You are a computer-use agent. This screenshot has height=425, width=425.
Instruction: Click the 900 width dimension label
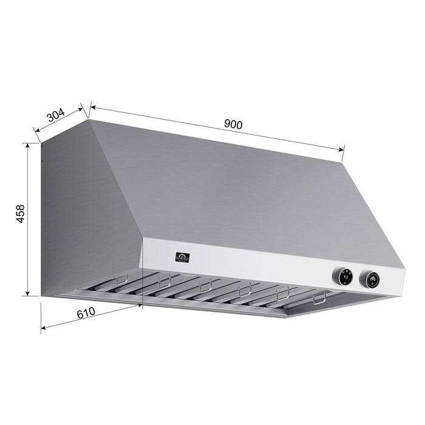pyautogui.click(x=233, y=124)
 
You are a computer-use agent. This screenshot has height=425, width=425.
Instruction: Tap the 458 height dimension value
pyautogui.click(x=20, y=214)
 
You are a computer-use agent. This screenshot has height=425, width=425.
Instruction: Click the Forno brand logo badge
pyautogui.click(x=182, y=257)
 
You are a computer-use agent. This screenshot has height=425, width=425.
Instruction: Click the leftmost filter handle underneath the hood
pyautogui.click(x=122, y=280)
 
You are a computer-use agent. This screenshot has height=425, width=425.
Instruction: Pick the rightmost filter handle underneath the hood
pyautogui.click(x=319, y=298)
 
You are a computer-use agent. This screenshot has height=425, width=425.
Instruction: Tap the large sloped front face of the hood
pyautogui.click(x=243, y=188)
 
